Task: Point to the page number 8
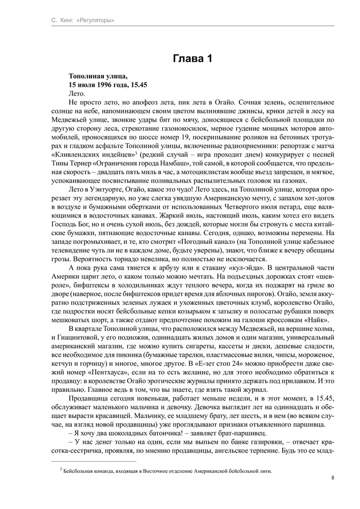pyautogui.click(x=332, y=477)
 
